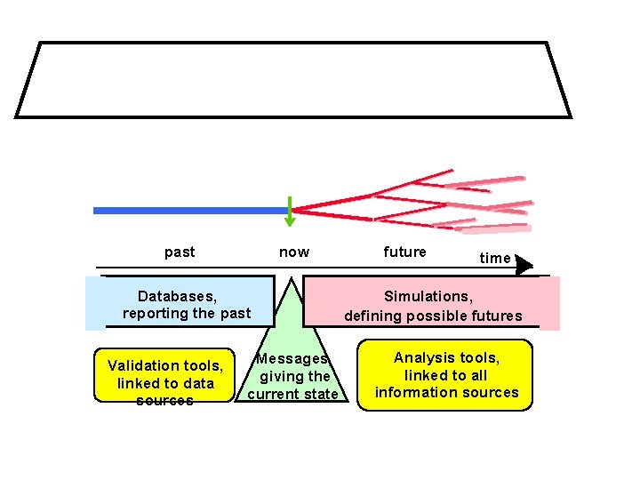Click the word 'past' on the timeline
point(180,252)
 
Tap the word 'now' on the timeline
point(294,252)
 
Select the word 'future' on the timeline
point(404,252)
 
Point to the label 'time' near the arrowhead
point(495,258)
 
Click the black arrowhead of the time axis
point(524,265)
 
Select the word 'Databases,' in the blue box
point(178,295)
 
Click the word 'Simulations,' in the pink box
point(428,295)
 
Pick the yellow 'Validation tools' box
point(164,375)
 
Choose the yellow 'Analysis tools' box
point(445,375)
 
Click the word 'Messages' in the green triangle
point(292,358)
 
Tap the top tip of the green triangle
point(291,281)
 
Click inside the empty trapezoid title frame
point(293,80)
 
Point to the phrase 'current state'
point(292,394)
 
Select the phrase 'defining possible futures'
point(433,316)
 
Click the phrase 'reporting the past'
point(187,313)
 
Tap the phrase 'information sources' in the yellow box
point(446,392)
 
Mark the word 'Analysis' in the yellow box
point(422,357)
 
